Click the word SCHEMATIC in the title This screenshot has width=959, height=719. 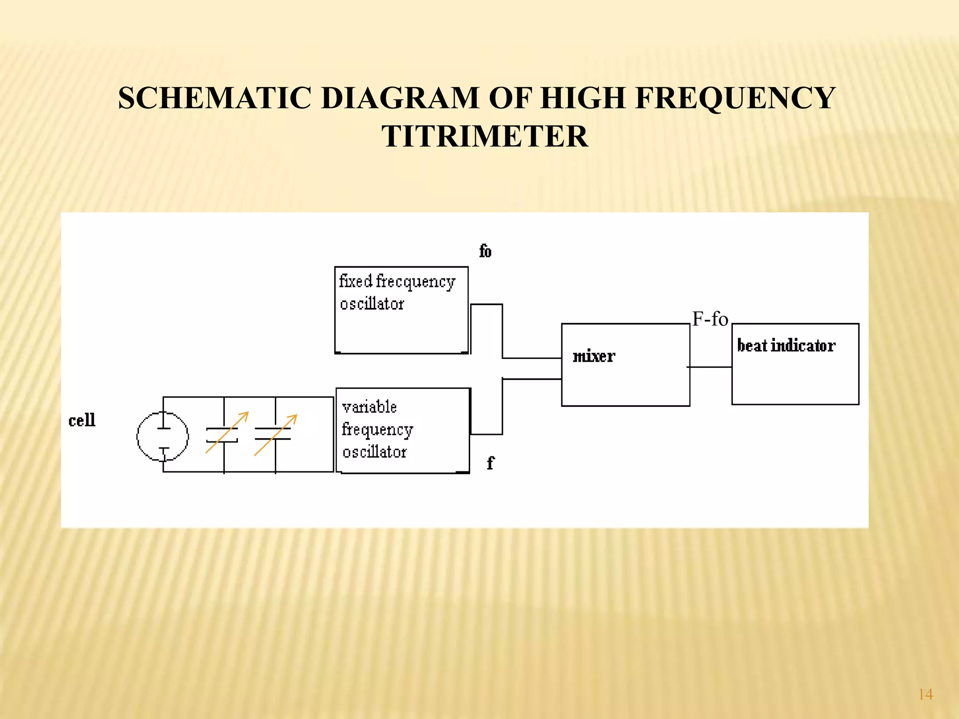click(x=214, y=98)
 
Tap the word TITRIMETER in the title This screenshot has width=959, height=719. click(x=485, y=137)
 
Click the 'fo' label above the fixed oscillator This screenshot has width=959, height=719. click(x=485, y=251)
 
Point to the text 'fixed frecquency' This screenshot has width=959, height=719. click(x=397, y=281)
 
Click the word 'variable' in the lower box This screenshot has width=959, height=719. click(x=369, y=407)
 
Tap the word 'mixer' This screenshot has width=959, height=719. click(x=593, y=357)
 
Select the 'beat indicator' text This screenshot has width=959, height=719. click(x=786, y=345)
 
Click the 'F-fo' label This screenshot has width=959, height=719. click(x=710, y=319)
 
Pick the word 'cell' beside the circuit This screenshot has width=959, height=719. click(x=82, y=420)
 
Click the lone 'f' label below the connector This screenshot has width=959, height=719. click(x=490, y=463)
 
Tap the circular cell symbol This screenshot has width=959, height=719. click(x=162, y=437)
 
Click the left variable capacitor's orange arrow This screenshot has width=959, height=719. click(x=227, y=432)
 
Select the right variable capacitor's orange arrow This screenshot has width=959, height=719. click(x=276, y=434)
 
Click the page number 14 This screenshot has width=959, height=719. click(x=925, y=694)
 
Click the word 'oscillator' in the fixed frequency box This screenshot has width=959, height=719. click(x=372, y=304)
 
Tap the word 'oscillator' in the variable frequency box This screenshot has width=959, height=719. click(x=374, y=452)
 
